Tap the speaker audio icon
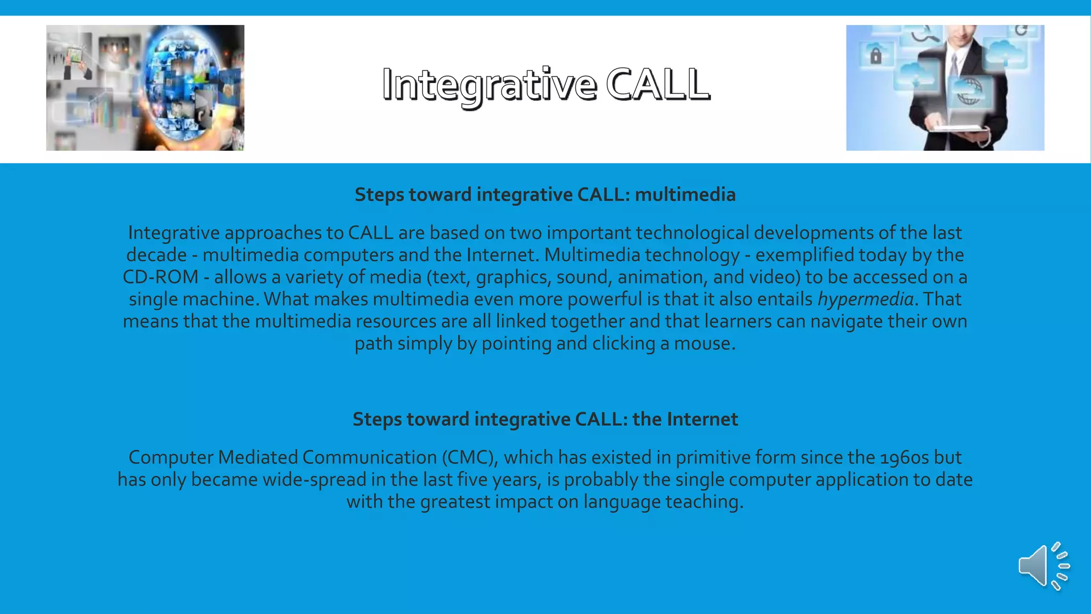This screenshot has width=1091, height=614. pos(1043,566)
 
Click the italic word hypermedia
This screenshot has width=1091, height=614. pos(866,300)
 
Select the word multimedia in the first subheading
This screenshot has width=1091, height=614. pos(685,195)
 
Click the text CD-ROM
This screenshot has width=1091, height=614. pos(160,277)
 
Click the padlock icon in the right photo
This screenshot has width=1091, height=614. pos(876,55)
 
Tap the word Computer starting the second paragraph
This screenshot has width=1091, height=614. pos(171,458)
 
